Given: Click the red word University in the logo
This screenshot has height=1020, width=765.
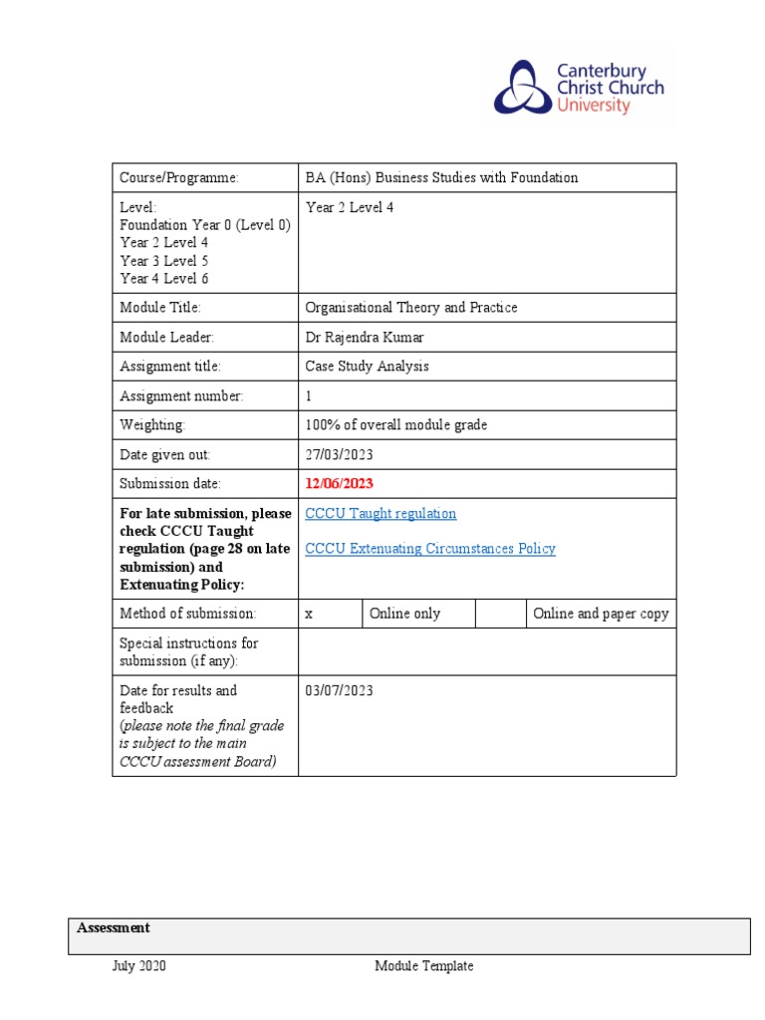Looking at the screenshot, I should tap(593, 106).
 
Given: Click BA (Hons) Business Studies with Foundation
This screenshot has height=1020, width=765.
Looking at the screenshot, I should tap(441, 178).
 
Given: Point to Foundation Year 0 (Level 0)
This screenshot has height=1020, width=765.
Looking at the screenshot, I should tap(205, 225).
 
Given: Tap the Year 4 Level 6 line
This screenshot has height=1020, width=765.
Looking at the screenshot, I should tap(164, 279).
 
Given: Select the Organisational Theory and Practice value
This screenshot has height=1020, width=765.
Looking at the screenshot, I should tap(411, 308).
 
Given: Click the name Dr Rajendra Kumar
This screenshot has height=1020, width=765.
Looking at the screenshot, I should tap(365, 338).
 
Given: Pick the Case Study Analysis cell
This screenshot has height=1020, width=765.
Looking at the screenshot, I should tap(368, 367).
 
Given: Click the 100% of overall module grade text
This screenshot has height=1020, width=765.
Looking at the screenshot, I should tap(396, 425).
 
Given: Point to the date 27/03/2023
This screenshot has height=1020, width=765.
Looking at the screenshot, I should tap(339, 455).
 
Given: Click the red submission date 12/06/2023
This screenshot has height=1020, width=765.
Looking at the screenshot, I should tap(340, 484).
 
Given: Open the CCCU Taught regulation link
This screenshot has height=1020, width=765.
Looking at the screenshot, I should tap(381, 514).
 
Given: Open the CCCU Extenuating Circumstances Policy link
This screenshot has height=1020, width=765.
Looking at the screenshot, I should tap(430, 549).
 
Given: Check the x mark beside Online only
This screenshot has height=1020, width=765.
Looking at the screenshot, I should tap(309, 614).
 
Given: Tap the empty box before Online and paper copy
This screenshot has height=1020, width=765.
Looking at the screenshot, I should tap(500, 614).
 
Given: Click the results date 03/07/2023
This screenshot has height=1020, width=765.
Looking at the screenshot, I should tap(339, 690).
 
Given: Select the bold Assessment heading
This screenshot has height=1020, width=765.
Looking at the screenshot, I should tap(114, 928).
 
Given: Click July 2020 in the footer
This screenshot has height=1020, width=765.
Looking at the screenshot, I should tap(138, 966).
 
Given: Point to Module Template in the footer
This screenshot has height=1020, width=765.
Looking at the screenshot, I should tap(424, 966).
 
